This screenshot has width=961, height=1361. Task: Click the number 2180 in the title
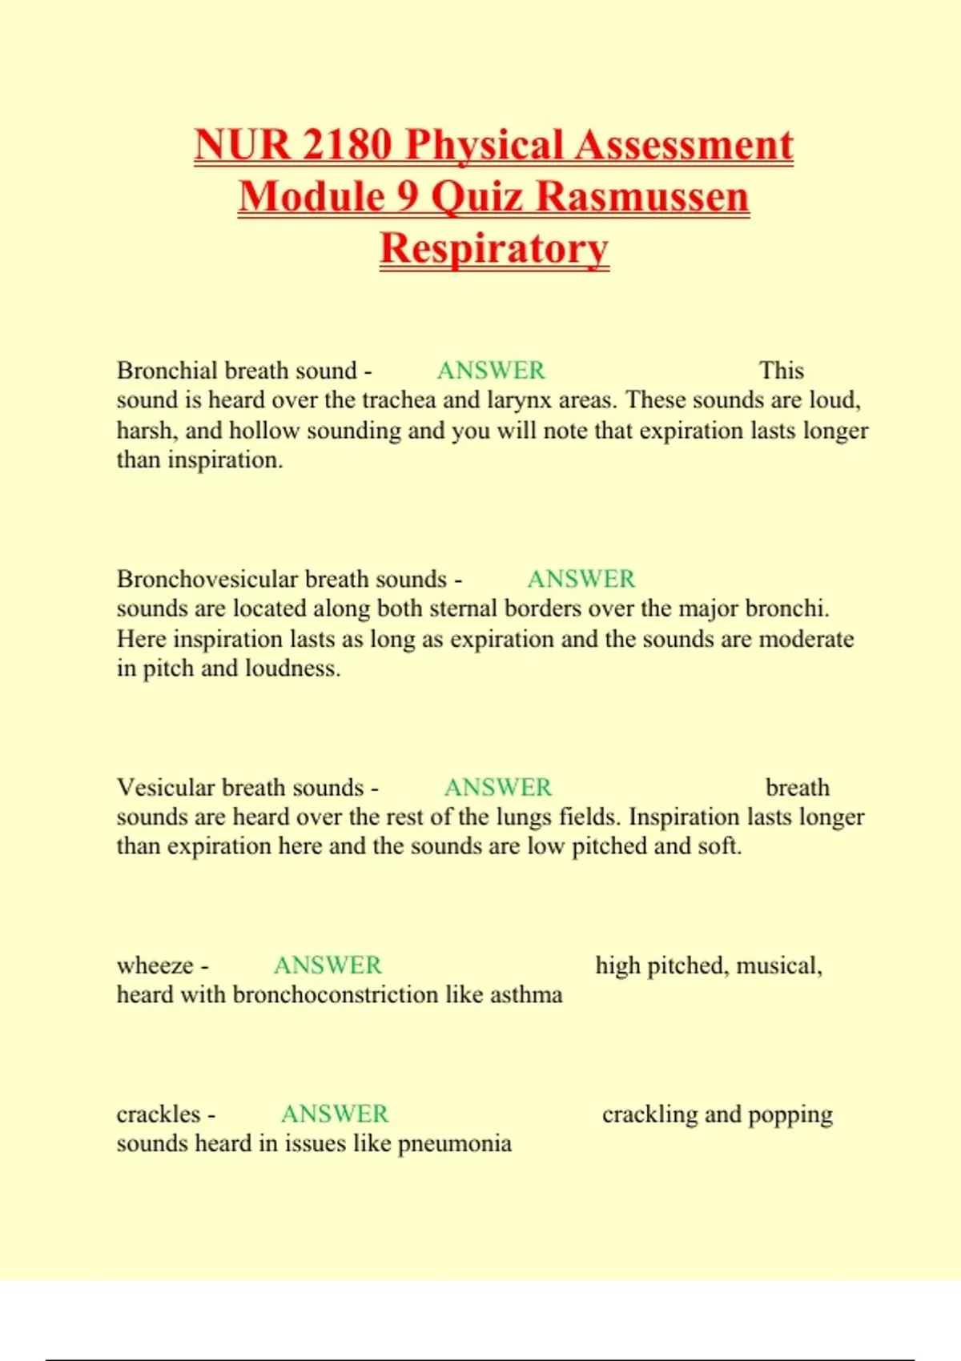tap(348, 145)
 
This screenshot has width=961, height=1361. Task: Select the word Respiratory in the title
tap(494, 248)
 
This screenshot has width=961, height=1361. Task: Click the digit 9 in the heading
tap(408, 197)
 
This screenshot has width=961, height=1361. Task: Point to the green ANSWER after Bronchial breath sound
tap(490, 371)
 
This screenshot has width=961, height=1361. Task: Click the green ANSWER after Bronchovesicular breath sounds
tap(581, 579)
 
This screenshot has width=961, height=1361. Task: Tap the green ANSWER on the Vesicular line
tap(497, 788)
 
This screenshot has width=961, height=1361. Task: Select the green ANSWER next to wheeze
tap(328, 966)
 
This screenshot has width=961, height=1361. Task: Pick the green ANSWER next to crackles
tap(334, 1114)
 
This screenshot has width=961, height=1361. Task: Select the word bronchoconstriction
tap(336, 995)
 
